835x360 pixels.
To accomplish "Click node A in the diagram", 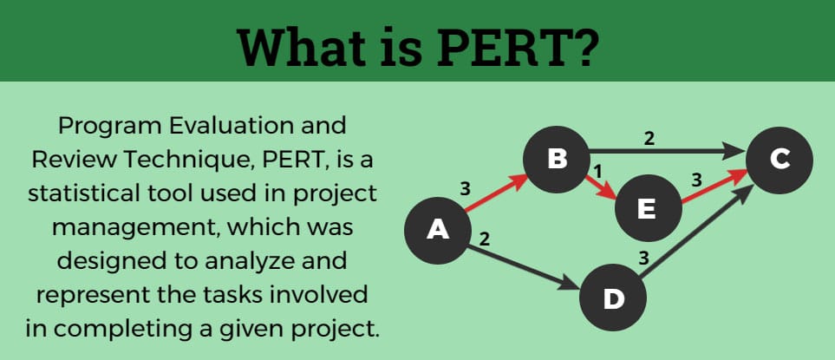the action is [x=438, y=231].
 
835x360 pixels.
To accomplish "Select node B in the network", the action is [x=557, y=160].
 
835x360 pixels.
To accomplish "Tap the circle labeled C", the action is [x=780, y=160].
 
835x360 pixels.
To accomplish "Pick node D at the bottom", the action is [x=613, y=298].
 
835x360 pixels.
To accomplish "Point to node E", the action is [x=648, y=207].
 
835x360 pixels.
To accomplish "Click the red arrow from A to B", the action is [x=496, y=194].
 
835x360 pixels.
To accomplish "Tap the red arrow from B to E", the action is [x=602, y=187].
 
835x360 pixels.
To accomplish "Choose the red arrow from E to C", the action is [x=714, y=187].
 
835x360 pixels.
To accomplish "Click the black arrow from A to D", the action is [x=524, y=268].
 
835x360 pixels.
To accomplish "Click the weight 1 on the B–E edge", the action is [x=597, y=171].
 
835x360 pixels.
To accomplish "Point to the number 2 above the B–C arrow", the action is [x=649, y=139].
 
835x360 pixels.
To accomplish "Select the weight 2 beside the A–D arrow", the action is [x=484, y=239].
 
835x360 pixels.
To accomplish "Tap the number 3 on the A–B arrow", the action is [x=465, y=188].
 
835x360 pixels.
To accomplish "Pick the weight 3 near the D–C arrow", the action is [x=643, y=259].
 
